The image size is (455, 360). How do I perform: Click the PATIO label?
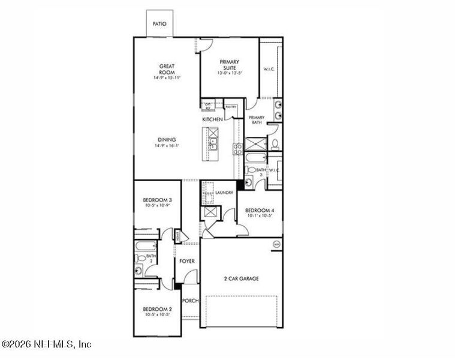tap(159, 25)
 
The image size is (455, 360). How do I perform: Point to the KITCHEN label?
tap(212, 120)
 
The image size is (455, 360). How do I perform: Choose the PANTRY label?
tap(231, 107)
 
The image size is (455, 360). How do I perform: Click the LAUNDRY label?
tap(224, 193)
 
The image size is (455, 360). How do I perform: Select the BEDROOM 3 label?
tap(158, 200)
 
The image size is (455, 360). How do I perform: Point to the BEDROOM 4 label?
tap(260, 211)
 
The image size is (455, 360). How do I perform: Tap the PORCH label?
tap(190, 301)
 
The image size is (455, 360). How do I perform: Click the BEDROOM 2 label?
tap(158, 310)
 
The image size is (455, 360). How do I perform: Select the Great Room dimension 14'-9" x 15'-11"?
tap(166, 77)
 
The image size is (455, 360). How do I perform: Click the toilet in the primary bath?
tap(275, 144)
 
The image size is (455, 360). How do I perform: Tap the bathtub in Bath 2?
tap(146, 247)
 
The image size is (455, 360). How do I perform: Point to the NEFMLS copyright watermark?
tap(46, 344)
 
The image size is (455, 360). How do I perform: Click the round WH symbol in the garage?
tap(276, 244)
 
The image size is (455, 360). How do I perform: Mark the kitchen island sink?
tap(212, 143)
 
